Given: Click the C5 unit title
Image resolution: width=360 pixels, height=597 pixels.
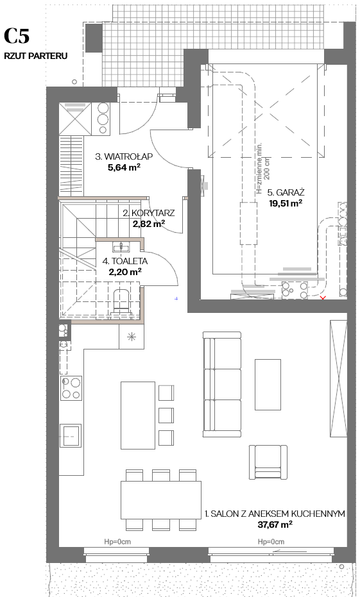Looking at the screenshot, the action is point(17,36).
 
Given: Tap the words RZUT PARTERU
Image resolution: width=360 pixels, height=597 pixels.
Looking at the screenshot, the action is point(36,56).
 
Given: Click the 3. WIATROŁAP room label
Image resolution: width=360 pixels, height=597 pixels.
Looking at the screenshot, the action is point(124,156).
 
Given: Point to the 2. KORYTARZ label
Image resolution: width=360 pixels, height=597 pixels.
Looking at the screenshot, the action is point(149,213).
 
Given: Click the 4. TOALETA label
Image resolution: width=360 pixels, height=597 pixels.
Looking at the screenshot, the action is point(125,261).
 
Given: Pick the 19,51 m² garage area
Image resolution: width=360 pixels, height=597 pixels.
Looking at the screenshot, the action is point(286,203).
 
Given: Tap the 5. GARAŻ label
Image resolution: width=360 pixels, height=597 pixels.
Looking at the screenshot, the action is point(286,192).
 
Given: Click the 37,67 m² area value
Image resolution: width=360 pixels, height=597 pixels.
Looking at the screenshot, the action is point(275,525).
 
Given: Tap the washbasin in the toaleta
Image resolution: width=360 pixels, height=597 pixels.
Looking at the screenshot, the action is point(121,247).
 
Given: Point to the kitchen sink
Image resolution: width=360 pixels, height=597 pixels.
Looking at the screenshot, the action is point(71,435).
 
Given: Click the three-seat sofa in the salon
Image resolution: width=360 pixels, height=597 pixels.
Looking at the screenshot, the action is point(222,383).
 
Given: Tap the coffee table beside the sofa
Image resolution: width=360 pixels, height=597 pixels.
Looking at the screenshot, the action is point(268,385).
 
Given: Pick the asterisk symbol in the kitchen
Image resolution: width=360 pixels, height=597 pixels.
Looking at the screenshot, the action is point(132,337).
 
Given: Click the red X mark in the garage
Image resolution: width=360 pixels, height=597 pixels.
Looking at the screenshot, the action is point(323,298).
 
